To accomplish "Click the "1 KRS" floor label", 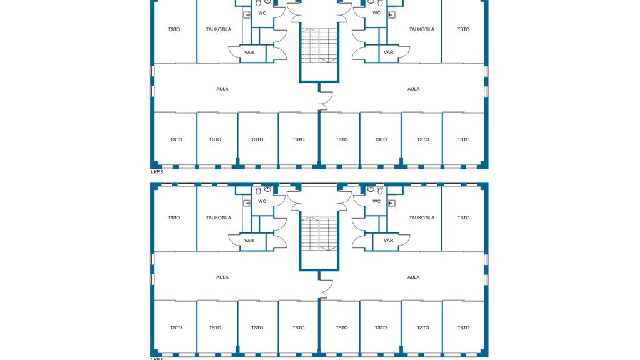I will point(156,171).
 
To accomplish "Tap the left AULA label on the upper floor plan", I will point(222,89).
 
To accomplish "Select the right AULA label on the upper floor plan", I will point(413,89).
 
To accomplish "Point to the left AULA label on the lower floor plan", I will point(222,277).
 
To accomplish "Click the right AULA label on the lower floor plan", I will point(413,277).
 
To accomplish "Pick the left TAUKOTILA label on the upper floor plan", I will point(219,29).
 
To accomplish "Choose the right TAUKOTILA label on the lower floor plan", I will point(422,217).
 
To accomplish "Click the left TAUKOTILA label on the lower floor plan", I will point(219,217).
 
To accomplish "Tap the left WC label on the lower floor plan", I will point(262,201).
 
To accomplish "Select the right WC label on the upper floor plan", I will point(376,12).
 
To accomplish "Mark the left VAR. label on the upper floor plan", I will point(249,52).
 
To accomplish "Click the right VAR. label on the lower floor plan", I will point(389,241).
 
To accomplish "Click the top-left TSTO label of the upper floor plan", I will point(174,29).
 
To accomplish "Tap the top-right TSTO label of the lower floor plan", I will point(463,217).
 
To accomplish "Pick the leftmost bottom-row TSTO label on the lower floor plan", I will point(176,327).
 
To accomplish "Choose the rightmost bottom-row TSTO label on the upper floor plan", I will point(463,139).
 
